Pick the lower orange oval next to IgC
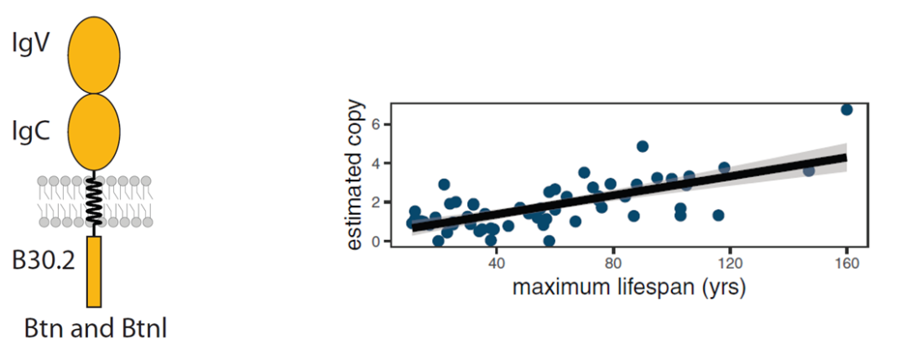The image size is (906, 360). pos(93,133)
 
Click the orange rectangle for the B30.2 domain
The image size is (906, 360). pos(94,271)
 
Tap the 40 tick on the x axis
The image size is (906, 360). pos(497,263)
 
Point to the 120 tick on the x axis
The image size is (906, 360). pos(730,263)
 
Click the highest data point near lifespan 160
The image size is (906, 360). pos(846,110)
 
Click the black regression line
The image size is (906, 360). pos(629,192)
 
